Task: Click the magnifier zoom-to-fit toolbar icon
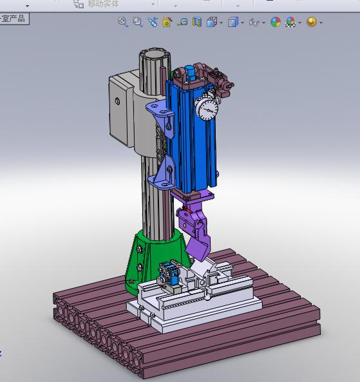click(x=122, y=22)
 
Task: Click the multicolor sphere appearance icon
click(x=276, y=22)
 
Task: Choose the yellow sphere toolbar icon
click(x=312, y=22)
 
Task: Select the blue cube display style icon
click(x=232, y=22)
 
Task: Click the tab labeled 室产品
click(x=14, y=19)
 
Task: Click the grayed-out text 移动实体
click(x=103, y=4)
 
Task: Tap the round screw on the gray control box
click(x=117, y=100)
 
